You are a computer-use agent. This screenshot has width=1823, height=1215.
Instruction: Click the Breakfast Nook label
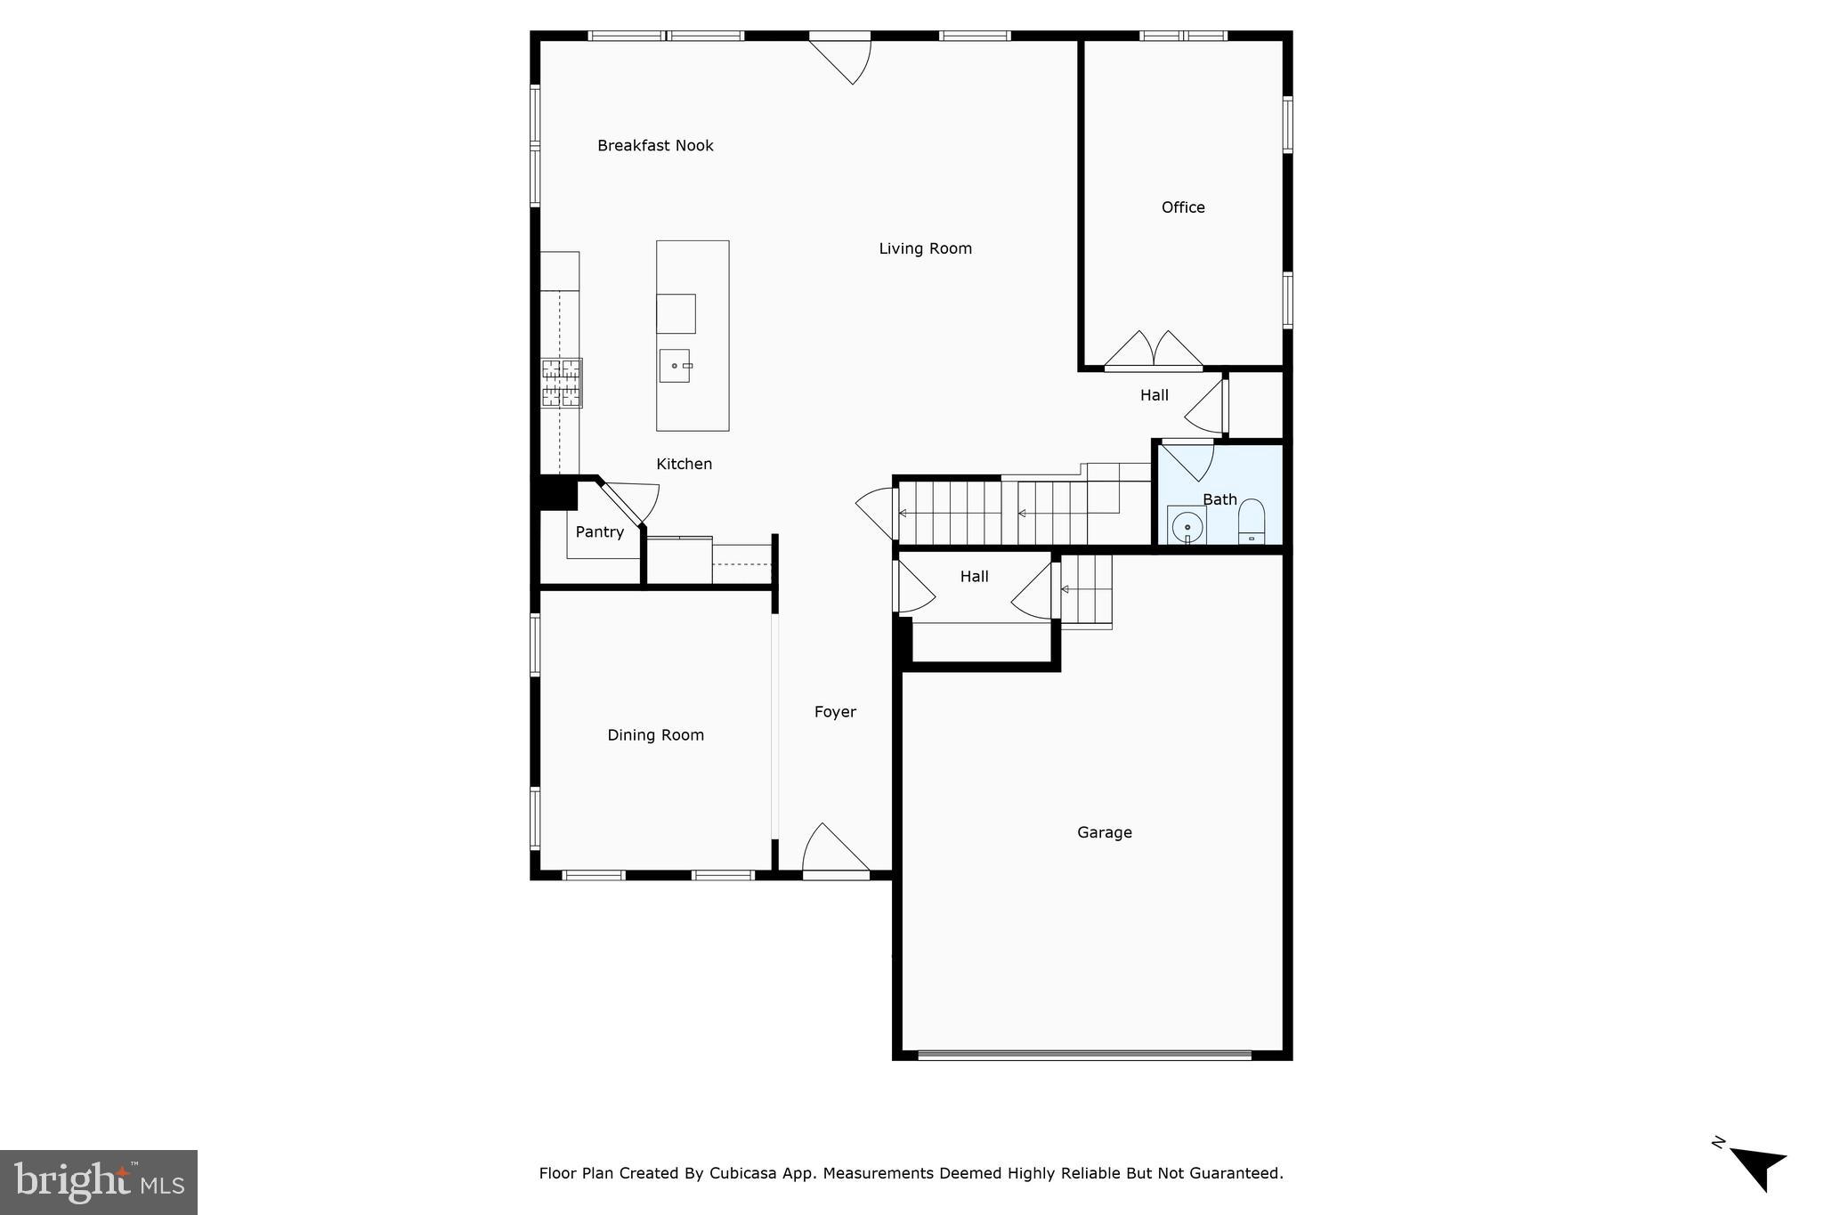point(655,146)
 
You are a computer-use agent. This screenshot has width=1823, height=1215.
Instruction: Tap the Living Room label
point(925,249)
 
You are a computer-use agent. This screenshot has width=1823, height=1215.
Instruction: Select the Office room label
point(1183,207)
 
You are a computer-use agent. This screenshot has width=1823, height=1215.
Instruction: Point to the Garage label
point(1104,833)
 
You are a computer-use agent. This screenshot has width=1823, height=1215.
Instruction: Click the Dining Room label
point(655,735)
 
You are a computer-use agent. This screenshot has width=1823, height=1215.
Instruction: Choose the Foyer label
point(835,712)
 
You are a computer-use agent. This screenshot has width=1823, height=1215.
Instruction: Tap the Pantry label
point(599,532)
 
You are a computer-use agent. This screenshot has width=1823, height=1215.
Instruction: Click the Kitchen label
point(684,464)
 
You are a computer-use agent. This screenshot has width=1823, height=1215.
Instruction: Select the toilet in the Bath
point(1252,522)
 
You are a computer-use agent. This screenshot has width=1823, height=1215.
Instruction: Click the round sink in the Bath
point(1187,528)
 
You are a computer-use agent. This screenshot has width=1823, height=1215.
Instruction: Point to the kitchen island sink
point(675,366)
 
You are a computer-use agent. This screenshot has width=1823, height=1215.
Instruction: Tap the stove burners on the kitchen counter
point(562,383)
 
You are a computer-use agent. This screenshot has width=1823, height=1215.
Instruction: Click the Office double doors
point(1154,351)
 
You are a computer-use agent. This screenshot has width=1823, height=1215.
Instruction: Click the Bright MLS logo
point(99,1182)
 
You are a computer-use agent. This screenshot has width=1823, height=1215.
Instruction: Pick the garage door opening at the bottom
point(1084,1056)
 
